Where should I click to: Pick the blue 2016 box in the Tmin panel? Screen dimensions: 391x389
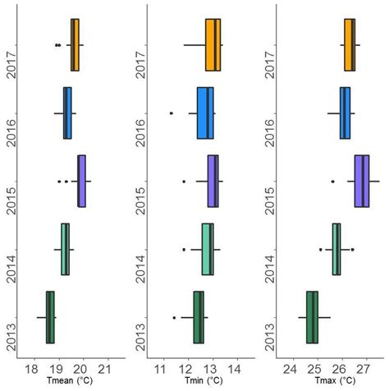[205, 113]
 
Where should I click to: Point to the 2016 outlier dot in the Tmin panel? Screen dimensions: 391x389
[171, 113]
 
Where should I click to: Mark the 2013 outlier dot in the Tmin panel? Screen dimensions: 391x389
[174, 317]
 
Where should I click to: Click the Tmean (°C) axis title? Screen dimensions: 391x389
[69, 383]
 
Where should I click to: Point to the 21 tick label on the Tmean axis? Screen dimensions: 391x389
[105, 367]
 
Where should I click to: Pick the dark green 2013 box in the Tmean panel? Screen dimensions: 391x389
[51, 317]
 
